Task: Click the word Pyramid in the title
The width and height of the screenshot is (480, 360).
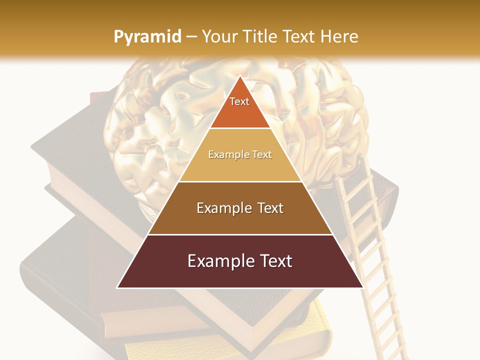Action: click(x=147, y=37)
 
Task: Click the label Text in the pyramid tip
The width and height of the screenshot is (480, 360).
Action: click(x=239, y=101)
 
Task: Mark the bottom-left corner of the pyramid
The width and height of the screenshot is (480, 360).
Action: click(x=117, y=287)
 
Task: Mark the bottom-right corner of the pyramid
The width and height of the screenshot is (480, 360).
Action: click(x=362, y=287)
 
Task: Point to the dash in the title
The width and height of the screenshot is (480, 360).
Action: click(x=191, y=37)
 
